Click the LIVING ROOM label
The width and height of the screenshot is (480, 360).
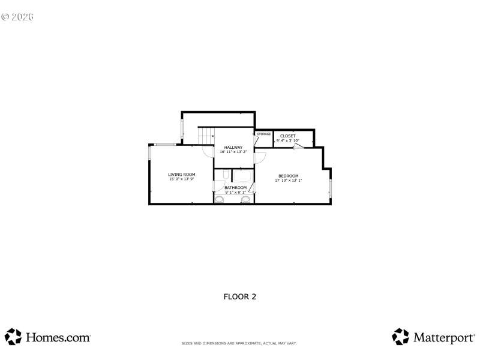181,174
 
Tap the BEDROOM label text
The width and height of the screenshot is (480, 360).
288,176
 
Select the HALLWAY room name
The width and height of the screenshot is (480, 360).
233,148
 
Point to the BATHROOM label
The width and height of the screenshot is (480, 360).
235,187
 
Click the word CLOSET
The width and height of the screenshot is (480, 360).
287,136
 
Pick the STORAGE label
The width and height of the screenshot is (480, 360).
264,134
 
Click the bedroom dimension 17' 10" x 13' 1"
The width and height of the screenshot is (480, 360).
288,180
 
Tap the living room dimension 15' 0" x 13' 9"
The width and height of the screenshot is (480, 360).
181,179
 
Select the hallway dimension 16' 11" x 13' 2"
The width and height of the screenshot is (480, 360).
233,152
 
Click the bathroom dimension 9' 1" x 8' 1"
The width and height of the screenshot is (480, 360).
235,192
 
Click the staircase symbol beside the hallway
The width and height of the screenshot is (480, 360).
206,136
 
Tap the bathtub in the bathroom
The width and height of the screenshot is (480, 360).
243,176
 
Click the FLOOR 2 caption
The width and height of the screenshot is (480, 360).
240,296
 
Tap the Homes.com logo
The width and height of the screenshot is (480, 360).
48,337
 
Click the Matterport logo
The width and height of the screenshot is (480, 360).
433,337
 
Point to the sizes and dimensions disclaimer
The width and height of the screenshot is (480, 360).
239,343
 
